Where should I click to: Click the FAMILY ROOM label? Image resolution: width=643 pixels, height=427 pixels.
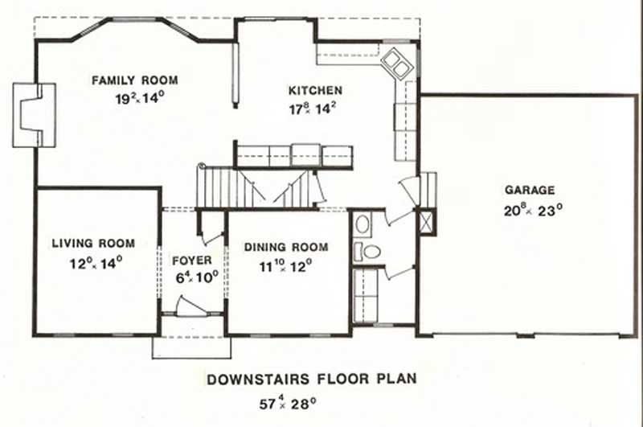(134, 80)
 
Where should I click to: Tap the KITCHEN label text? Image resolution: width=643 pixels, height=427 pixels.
(316, 90)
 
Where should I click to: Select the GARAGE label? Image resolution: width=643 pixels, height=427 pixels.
(530, 191)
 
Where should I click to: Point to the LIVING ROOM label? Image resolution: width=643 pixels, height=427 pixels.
(93, 243)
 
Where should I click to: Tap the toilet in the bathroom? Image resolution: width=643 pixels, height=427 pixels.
(370, 251)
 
